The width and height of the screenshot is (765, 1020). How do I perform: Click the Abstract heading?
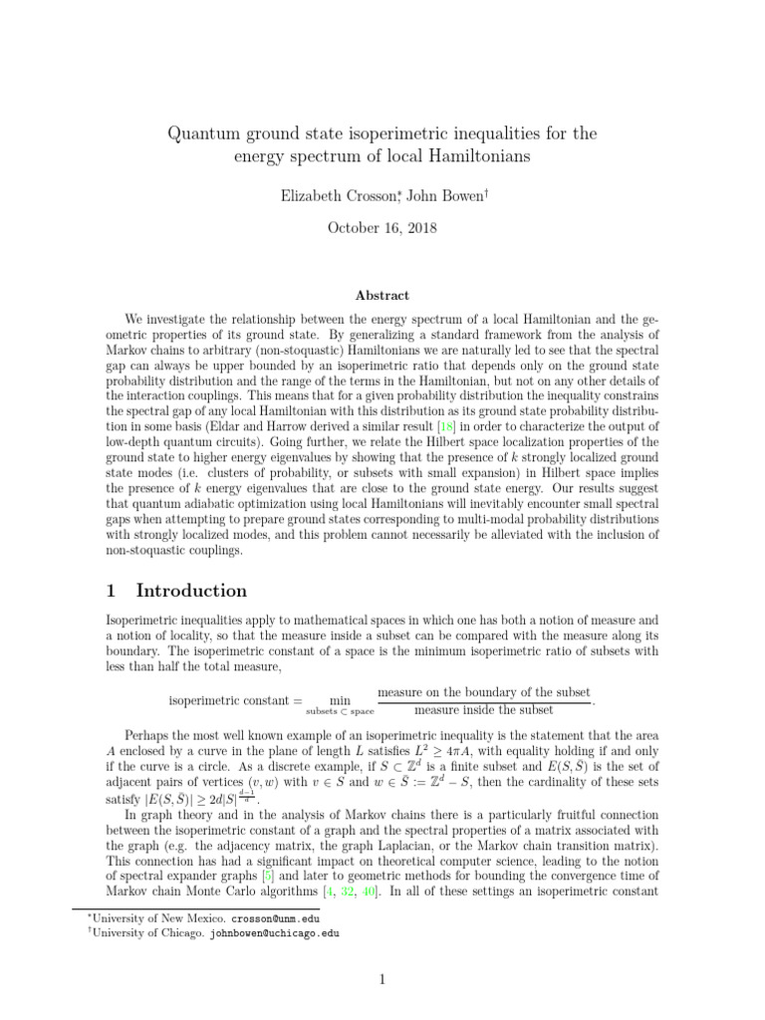[382, 295]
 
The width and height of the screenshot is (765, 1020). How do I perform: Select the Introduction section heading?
[191, 591]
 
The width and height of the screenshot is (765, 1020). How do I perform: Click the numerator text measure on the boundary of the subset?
[484, 691]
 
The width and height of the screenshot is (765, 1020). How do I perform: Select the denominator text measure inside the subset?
[484, 710]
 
